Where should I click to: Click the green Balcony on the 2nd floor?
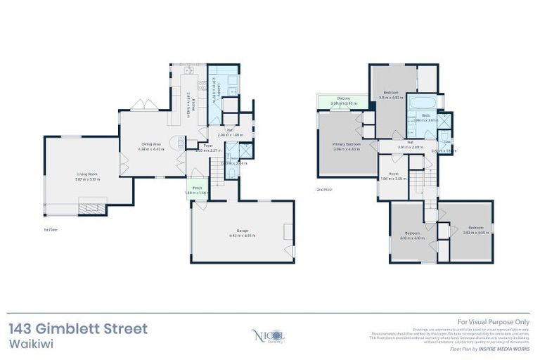[x=342, y=101]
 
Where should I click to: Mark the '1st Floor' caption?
[x=50, y=229]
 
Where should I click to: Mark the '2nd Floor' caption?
[x=324, y=189]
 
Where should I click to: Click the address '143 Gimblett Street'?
[x=78, y=328]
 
